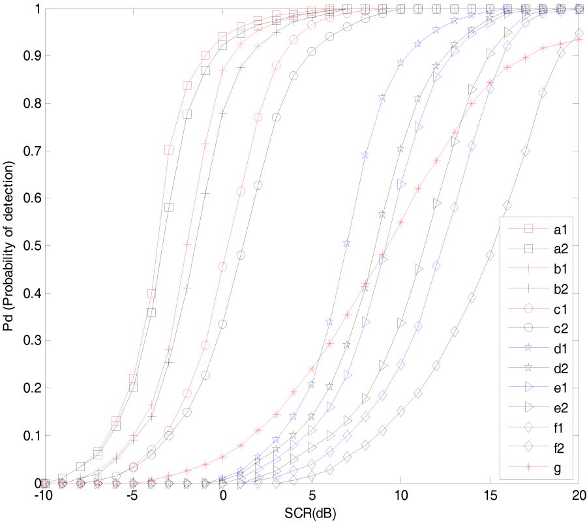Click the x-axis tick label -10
pos(42,497)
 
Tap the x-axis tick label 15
pos(490,497)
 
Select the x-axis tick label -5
pos(132,497)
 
